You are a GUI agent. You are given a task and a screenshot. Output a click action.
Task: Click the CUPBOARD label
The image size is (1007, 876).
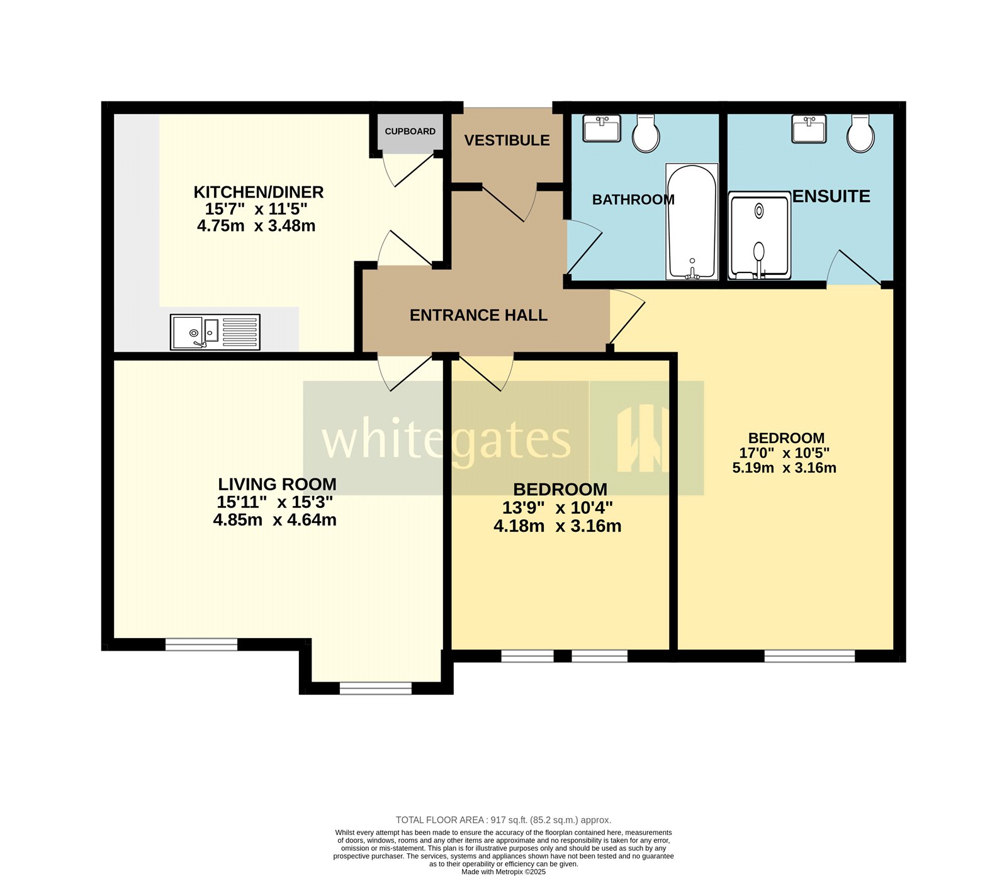(x=410, y=132)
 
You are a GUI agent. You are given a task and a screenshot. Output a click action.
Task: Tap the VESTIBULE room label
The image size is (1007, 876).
(x=507, y=140)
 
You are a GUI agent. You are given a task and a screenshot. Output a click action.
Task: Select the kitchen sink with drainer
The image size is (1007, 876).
(x=215, y=332)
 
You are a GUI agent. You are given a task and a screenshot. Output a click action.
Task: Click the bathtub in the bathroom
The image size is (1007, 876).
(x=692, y=222)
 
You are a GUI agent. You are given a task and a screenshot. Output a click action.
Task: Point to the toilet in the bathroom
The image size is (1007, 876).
(x=646, y=133)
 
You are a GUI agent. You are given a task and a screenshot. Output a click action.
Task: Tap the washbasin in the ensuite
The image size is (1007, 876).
(x=809, y=129)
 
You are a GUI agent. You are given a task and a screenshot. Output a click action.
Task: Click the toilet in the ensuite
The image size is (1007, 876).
(x=860, y=133)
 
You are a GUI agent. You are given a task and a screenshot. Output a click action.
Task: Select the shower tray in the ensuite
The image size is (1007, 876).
(x=759, y=235)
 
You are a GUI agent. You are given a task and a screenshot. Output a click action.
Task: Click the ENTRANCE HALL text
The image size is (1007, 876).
(x=478, y=315)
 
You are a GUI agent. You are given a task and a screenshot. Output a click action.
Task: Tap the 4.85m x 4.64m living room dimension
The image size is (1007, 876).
(x=274, y=520)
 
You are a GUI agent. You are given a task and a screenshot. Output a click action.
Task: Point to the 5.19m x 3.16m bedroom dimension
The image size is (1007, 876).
(x=784, y=468)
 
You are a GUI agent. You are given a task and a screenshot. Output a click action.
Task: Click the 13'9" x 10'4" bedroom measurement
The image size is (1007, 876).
(x=557, y=508)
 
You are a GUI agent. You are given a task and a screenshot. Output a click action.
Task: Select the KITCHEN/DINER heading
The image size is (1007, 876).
(x=258, y=192)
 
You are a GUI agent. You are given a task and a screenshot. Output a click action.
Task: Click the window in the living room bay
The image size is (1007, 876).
(x=376, y=688)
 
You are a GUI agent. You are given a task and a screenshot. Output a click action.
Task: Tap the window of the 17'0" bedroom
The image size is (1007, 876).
(x=809, y=656)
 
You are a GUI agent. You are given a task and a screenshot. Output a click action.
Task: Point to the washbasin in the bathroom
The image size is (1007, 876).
(x=602, y=128)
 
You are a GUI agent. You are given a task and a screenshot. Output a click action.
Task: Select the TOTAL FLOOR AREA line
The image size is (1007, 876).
(x=503, y=820)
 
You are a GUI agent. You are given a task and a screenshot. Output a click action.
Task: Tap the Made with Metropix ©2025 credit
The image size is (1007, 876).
(x=503, y=872)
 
